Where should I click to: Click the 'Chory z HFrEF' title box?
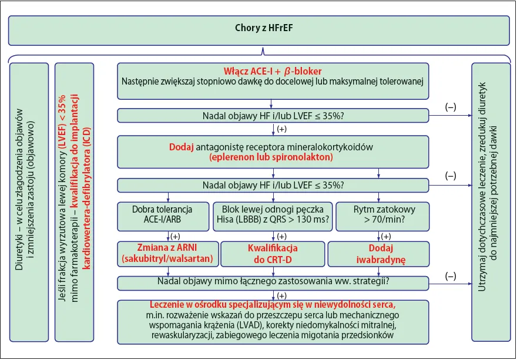(258, 29)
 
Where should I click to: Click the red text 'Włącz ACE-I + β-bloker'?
(273, 71)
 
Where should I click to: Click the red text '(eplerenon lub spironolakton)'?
(273, 157)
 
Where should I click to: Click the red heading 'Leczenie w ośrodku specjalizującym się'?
(273, 304)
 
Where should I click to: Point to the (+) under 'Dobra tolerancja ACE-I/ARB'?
(175, 236)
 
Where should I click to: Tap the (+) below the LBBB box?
(282, 236)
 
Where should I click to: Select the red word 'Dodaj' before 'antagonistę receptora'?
(182, 146)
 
